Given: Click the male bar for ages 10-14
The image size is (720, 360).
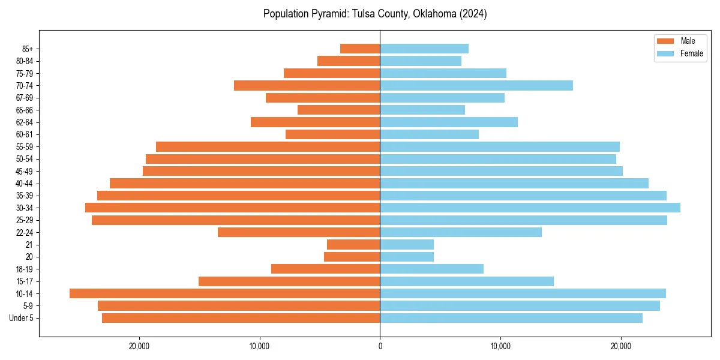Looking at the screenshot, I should click(x=224, y=293).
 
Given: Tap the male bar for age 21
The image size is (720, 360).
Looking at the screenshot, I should click(x=353, y=244).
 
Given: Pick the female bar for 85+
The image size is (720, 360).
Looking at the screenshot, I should click(x=424, y=49).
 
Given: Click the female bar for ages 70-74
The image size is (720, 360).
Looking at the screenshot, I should click(x=476, y=85).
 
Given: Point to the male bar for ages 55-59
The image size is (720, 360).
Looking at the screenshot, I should click(x=268, y=146).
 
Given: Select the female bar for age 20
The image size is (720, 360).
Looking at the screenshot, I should click(x=407, y=257).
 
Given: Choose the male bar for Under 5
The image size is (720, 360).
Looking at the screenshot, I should click(x=241, y=318).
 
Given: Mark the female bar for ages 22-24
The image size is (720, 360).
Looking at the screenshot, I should click(x=461, y=232).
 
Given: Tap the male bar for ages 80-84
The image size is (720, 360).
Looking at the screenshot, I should click(x=349, y=61).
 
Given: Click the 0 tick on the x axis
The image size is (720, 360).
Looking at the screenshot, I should click(x=380, y=346).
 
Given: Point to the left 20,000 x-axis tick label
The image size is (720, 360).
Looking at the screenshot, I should click(x=139, y=346).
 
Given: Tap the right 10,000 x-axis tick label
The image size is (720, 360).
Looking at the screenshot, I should click(x=500, y=346).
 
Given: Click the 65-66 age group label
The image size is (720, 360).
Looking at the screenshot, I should click(x=25, y=110).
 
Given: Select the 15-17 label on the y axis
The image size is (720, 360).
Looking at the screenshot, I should click(x=25, y=281).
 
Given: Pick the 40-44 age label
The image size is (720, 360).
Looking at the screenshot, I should click(x=25, y=183).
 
